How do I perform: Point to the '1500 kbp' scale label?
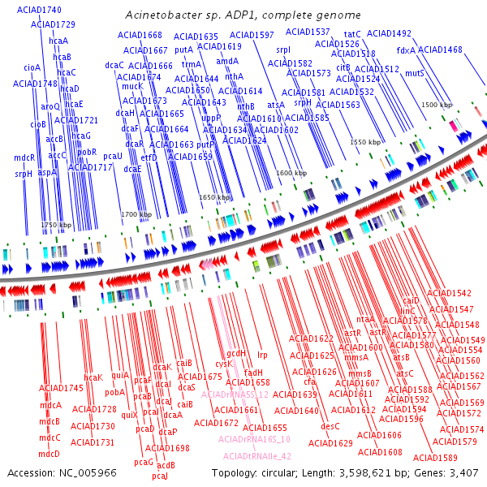click(x=437, y=106)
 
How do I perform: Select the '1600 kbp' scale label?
click(x=291, y=174)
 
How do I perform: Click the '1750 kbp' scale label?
click(x=57, y=225)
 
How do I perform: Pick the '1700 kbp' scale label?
click(x=136, y=214)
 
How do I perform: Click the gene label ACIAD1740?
click(x=44, y=10)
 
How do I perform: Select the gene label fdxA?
click(x=406, y=50)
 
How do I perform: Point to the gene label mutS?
click(x=414, y=74)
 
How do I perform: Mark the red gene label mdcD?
click(x=50, y=454)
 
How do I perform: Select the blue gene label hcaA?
click(x=58, y=41)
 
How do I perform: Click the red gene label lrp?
click(x=262, y=355)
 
